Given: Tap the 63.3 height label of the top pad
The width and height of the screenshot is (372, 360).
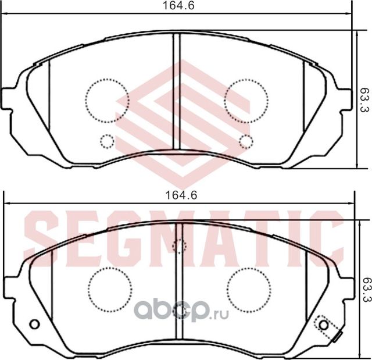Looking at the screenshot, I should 364,99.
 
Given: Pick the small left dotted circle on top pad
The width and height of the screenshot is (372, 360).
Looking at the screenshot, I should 107,141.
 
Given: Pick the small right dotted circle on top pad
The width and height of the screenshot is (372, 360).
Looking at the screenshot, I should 246,141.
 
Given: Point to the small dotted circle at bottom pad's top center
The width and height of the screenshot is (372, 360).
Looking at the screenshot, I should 180,246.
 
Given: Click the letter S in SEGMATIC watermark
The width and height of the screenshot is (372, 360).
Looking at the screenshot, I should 42,235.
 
